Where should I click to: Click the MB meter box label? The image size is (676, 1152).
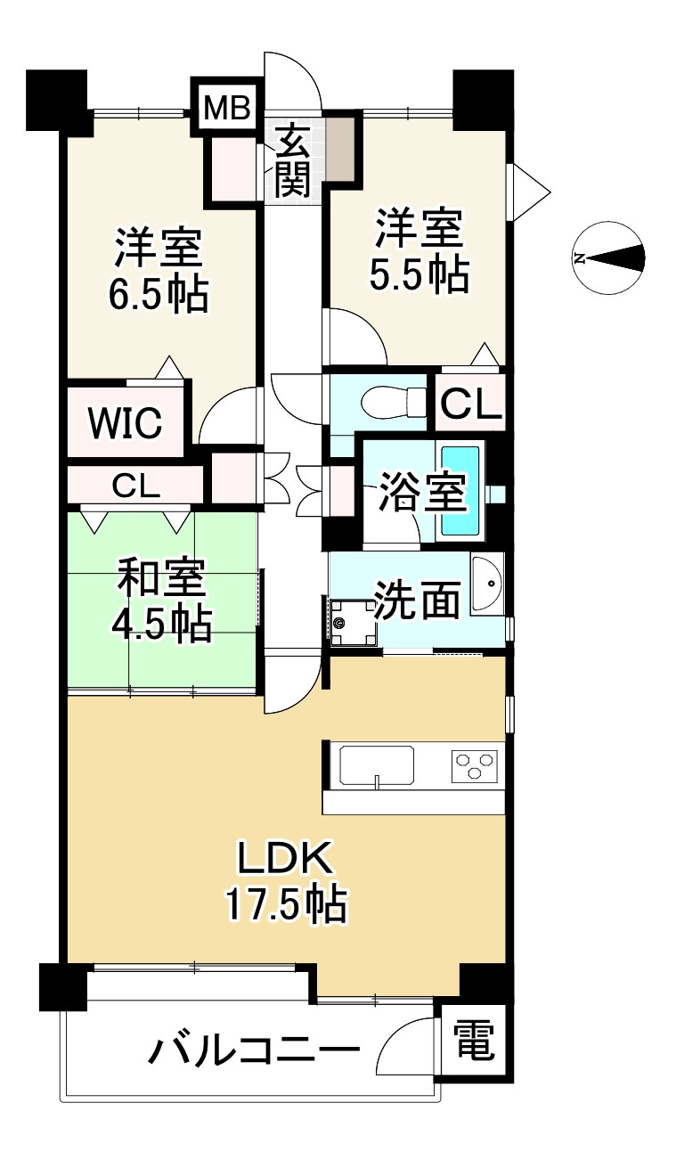point(227,108)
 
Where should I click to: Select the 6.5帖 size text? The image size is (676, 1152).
point(159,295)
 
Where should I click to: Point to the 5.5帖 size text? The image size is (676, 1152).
point(419,275)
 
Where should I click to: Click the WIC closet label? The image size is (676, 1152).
point(125,422)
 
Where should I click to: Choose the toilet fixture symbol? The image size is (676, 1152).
point(395,402)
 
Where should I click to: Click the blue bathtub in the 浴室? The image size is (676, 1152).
point(460,491)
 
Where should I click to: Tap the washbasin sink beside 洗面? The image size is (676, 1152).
point(486,584)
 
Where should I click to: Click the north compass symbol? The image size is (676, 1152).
point(608,258)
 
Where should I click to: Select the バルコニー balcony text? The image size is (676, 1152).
point(254,1050)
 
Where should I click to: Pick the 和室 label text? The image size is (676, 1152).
point(162,578)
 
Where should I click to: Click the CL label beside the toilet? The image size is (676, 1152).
point(470,404)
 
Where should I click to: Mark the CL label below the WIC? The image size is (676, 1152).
point(136,486)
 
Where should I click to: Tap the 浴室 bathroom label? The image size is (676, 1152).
point(422,492)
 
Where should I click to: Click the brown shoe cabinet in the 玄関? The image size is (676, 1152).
point(341,148)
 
